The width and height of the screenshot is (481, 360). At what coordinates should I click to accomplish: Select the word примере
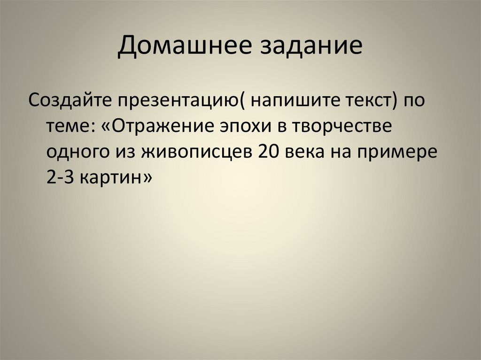coord(402,153)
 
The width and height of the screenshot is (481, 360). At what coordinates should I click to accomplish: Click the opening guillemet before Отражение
coord(106,127)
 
